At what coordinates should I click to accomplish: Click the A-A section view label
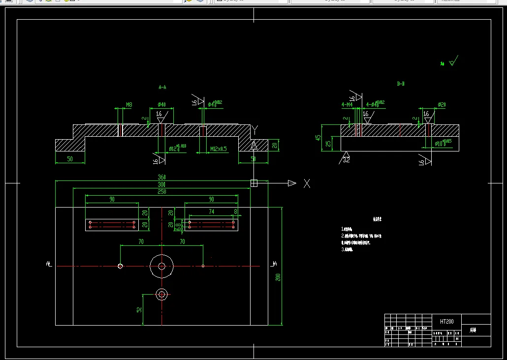point(162,87)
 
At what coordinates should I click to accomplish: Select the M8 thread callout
point(129,105)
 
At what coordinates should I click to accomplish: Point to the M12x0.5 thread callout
point(219,149)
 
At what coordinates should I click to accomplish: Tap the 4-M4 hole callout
point(347,105)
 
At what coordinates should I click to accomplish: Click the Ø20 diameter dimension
point(442,105)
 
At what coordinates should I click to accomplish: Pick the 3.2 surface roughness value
point(346,160)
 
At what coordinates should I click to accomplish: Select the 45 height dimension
point(318,137)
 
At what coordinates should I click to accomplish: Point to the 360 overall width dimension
point(161,177)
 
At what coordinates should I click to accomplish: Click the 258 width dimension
point(161,191)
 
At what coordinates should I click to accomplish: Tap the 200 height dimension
point(278,276)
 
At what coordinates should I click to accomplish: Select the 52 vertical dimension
point(139,310)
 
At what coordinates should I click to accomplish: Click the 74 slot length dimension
point(211,211)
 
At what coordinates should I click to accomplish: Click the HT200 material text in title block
point(447,321)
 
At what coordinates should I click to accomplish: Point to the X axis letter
point(307,183)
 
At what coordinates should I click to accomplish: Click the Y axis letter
point(254,130)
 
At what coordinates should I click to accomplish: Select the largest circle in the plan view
point(161,266)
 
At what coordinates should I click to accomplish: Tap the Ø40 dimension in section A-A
point(161,105)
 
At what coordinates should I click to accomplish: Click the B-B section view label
point(401,84)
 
